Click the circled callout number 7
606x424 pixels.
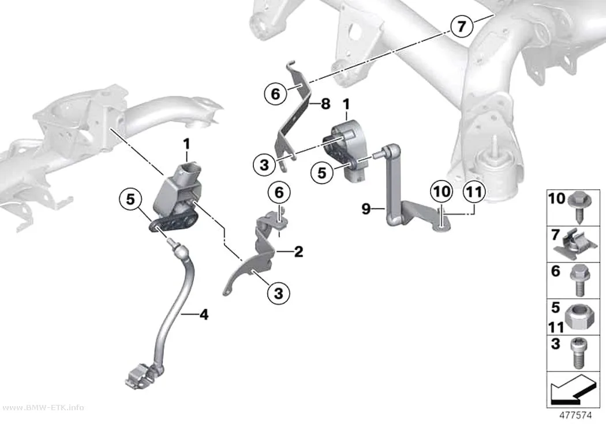(462, 27)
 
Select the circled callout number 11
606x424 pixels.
(474, 192)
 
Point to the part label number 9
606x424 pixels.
(366, 209)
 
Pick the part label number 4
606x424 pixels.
(204, 314)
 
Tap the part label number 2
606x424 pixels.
(299, 252)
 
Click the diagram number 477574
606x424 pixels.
(575, 415)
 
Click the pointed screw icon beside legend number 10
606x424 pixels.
(579, 207)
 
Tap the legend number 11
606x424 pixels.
(556, 328)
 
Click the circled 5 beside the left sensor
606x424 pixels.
(130, 199)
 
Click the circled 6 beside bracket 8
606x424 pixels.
(275, 93)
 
